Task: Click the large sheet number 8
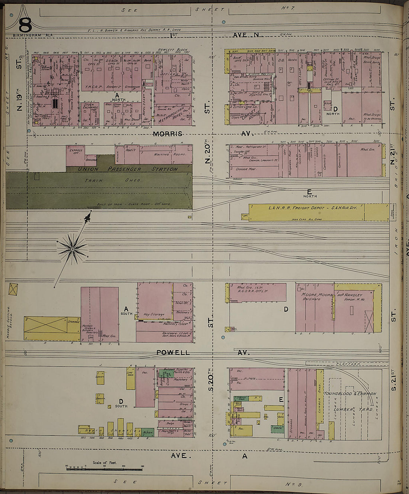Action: point(25,25)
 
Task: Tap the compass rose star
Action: point(73,248)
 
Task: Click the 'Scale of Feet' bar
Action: point(104,469)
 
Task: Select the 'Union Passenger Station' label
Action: point(128,169)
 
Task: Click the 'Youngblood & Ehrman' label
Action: point(350,394)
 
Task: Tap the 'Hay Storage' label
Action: point(154,314)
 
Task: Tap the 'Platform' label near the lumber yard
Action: point(348,364)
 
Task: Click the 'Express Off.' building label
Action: point(76,152)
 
